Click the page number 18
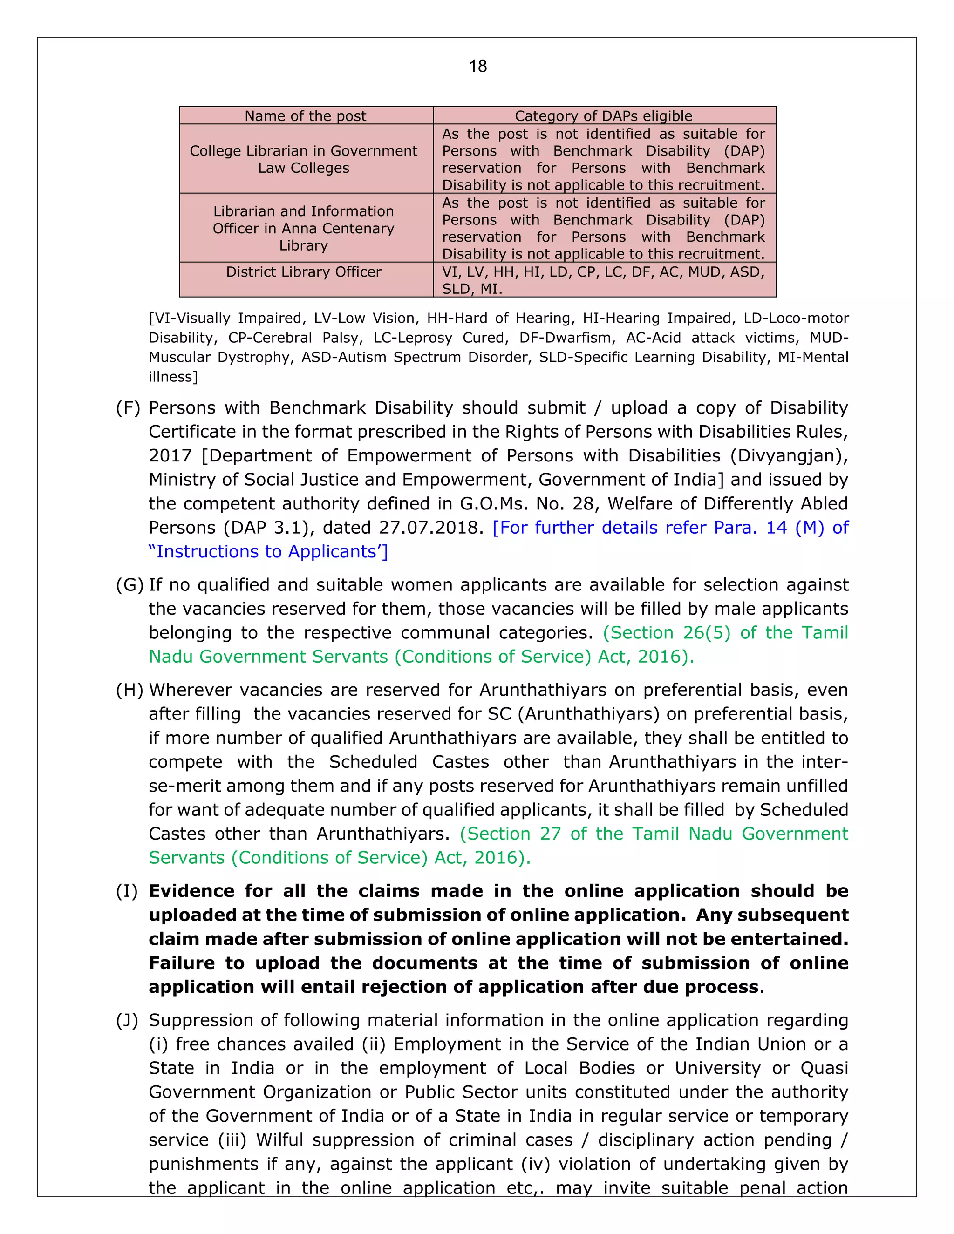click(x=477, y=67)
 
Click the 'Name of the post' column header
click(x=305, y=116)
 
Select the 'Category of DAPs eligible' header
click(x=603, y=116)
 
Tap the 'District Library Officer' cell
click(x=304, y=272)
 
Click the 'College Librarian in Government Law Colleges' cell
click(x=304, y=159)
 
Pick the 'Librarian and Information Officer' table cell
click(x=304, y=228)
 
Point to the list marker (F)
click(x=128, y=408)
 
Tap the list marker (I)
click(x=127, y=891)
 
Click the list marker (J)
click(x=127, y=1020)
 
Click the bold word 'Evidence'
click(x=191, y=891)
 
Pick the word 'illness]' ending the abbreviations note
click(x=173, y=377)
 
